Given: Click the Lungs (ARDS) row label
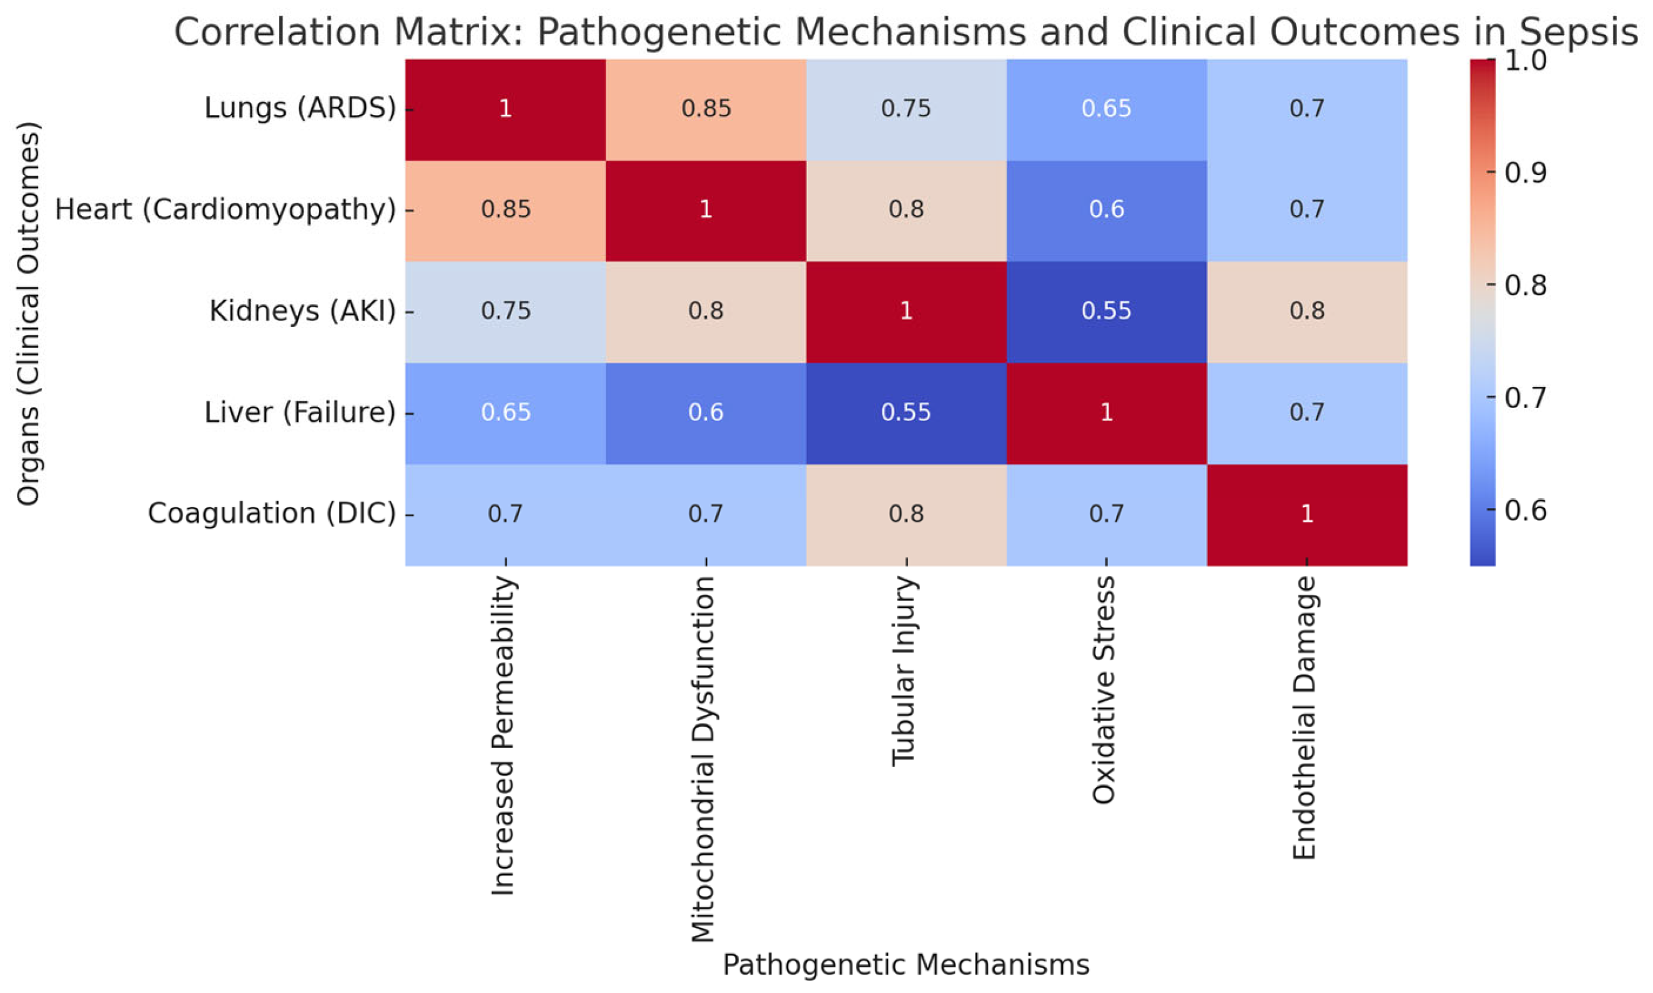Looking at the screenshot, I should [300, 108].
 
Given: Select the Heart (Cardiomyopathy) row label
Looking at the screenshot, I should [225, 210].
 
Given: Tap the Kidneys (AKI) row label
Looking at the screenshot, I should [302, 312].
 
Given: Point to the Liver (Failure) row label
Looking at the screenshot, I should [300, 413].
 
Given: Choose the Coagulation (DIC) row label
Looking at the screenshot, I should [272, 514].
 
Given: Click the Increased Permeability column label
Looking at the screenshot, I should [504, 736].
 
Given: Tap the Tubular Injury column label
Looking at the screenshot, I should [905, 671].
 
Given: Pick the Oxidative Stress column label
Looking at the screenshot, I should [1105, 690].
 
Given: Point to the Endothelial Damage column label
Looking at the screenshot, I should [1305, 718].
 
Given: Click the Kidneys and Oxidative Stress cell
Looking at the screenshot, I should [1106, 312].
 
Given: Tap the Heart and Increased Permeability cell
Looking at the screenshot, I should [506, 210].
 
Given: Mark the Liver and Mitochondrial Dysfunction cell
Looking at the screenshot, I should [706, 413].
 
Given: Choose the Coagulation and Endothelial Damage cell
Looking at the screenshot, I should [1306, 514].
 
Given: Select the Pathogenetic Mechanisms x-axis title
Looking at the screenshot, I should [905, 964].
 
